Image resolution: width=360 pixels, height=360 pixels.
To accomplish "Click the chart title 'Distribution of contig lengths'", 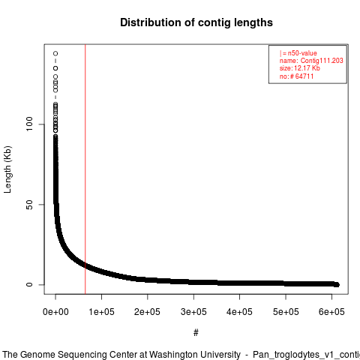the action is tap(196, 22).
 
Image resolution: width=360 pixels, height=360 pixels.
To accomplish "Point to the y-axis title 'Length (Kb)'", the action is tap(7, 169).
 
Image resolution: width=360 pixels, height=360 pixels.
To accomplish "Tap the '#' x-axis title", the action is tap(196, 333).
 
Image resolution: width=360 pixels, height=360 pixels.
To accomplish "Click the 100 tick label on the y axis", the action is tap(29, 124).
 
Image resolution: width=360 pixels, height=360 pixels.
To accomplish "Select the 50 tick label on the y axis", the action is tap(29, 205).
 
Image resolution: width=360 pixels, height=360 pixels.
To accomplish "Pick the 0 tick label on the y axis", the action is tap(29, 284).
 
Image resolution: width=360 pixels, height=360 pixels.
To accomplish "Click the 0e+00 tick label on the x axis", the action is tap(55, 312).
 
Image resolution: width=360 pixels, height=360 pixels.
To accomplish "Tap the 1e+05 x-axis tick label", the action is tap(101, 312).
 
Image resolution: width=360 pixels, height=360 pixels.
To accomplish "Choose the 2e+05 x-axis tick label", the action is tap(148, 312).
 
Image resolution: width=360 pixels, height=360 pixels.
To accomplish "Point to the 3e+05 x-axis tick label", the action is tap(193, 312).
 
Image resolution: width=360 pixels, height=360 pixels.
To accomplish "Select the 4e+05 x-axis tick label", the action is tap(239, 312).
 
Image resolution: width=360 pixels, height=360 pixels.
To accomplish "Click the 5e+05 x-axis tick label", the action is tap(286, 312).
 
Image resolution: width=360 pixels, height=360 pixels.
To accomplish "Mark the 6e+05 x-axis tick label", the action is tap(331, 312).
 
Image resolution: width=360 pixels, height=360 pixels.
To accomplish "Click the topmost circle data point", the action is tap(55, 53).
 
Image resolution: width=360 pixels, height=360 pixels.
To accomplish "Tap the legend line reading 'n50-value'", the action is tap(298, 53).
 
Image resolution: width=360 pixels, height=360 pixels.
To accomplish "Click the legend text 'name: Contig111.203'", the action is tap(311, 61).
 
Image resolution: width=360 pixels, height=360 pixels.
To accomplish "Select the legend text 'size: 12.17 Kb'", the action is tap(300, 68).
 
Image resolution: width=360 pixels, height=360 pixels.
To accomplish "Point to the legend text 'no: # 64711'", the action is tap(296, 76).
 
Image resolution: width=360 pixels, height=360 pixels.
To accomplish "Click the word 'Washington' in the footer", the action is tap(195, 355).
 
